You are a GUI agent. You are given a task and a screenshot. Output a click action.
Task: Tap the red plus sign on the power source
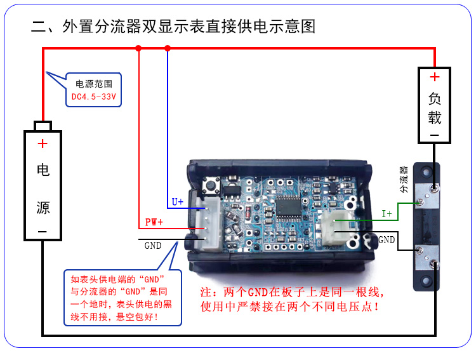[43, 143]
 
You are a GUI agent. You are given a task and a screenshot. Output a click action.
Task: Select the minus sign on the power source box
[43, 232]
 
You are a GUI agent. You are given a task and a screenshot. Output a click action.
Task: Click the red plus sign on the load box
[434, 77]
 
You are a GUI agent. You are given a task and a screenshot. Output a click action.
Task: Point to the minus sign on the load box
[434, 135]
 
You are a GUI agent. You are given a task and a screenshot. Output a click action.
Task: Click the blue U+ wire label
[178, 202]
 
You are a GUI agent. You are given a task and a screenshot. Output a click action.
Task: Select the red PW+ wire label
[154, 222]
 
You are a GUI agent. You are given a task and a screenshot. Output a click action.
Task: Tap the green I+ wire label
[387, 213]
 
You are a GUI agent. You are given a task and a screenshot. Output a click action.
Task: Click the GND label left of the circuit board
[153, 245]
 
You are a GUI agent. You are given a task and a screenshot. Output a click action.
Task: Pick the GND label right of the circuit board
[387, 240]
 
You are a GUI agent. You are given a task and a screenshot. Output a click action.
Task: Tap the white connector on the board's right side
[334, 227]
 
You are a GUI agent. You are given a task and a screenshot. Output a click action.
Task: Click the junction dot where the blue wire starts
[168, 48]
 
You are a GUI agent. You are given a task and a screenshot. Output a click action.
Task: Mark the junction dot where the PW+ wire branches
[138, 48]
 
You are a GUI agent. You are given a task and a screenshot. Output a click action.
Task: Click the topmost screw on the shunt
[433, 187]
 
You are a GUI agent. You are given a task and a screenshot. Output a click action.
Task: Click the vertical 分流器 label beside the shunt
[403, 180]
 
